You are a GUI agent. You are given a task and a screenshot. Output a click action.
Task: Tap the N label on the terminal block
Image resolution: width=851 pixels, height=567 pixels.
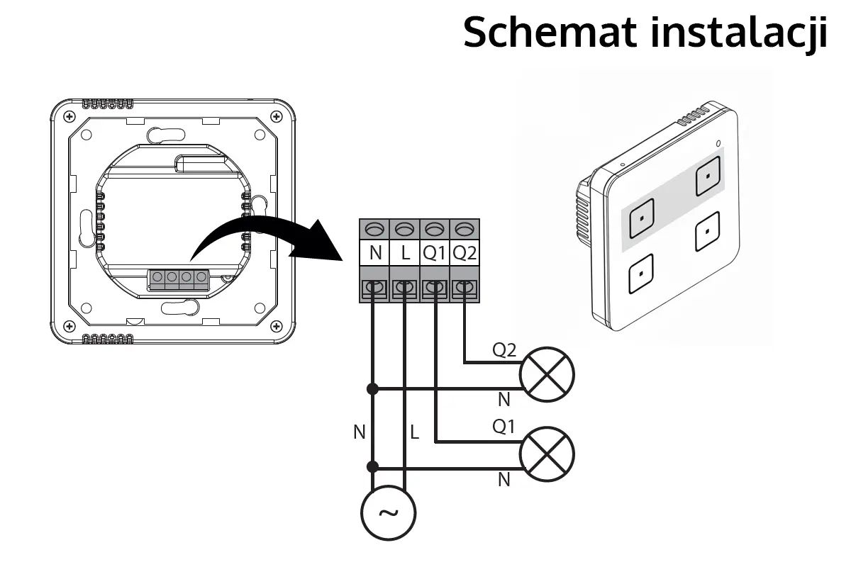375,252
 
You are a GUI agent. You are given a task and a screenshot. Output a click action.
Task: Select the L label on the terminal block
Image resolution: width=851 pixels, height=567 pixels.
405,252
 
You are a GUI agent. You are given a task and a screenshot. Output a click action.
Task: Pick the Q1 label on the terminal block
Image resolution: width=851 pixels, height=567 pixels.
435,252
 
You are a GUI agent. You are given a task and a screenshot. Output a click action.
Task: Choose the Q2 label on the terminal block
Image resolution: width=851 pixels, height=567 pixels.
465,252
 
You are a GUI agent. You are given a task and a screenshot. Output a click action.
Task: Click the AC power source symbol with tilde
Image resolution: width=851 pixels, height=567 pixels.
389,514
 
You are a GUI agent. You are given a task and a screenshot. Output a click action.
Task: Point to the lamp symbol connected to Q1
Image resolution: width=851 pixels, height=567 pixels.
547,455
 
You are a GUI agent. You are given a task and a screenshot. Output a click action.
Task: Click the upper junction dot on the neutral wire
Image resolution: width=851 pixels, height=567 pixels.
372,388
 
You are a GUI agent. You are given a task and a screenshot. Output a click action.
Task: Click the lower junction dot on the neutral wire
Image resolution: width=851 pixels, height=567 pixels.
372,467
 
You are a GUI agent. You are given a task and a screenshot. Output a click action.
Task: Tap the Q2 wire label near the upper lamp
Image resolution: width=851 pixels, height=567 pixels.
504,349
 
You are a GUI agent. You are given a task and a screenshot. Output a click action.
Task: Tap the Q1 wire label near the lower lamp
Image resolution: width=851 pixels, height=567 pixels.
504,427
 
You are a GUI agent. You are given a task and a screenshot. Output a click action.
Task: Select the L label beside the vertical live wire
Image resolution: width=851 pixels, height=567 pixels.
415,432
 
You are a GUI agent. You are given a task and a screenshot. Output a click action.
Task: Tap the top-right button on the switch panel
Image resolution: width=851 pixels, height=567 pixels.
710,177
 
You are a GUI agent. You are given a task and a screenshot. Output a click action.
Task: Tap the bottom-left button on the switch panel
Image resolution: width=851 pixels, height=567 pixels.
640,274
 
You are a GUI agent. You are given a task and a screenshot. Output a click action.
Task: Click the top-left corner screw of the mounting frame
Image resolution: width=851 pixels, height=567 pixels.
68,116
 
